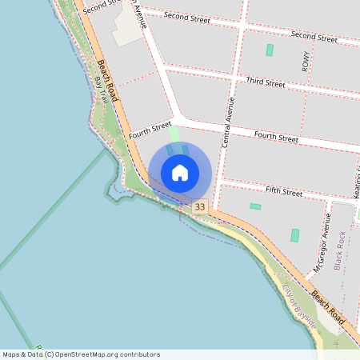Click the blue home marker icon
180,173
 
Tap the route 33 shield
199,207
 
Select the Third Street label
266,82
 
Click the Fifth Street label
284,192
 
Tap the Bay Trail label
102,90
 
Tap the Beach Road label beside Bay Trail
110,80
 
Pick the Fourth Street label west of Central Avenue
150,130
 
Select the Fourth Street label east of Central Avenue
276,138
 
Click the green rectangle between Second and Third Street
270,50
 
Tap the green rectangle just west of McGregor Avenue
295,235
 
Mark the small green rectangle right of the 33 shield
255,206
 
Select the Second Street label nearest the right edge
314,37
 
